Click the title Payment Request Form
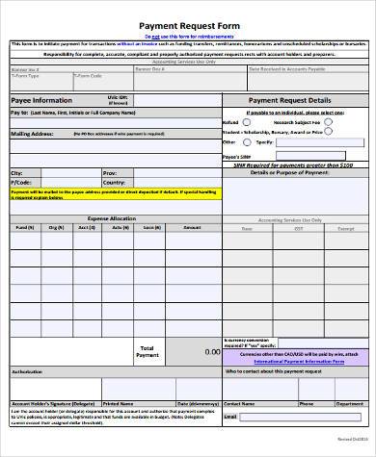pyautogui.click(x=188, y=29)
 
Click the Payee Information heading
pyautogui.click(x=40, y=100)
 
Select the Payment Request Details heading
pyautogui.click(x=289, y=100)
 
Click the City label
pyautogui.click(x=16, y=172)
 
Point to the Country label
pyautogui.click(x=114, y=181)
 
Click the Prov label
pyautogui.click(x=109, y=172)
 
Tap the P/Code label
pyautogui.click(x=20, y=181)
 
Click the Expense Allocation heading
pyautogui.click(x=111, y=218)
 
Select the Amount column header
pyautogui.click(x=192, y=228)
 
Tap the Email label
pyautogui.click(x=230, y=417)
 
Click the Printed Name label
pyautogui.click(x=118, y=404)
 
